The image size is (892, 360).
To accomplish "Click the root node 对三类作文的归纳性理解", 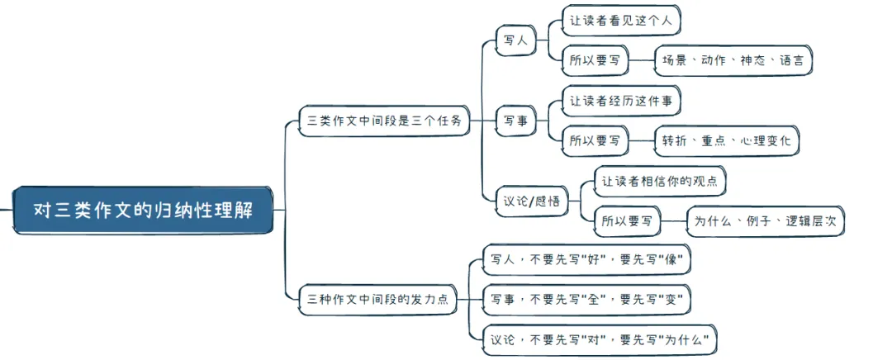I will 143,210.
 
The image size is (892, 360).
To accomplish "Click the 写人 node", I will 516,39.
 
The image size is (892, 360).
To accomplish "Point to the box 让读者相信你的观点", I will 658,181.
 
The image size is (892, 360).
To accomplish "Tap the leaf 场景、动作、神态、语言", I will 733,60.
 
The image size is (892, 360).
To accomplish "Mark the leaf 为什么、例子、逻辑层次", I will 766,221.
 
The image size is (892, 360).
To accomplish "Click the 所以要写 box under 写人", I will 595,60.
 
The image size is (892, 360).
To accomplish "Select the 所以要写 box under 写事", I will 595,141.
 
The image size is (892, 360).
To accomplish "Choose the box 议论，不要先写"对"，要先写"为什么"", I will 600,339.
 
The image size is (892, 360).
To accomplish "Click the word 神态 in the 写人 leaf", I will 752,60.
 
